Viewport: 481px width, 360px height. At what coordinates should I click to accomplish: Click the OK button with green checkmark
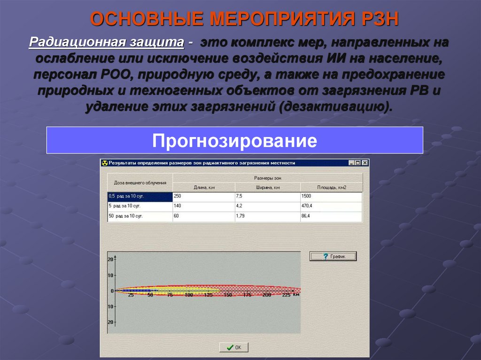(234, 347)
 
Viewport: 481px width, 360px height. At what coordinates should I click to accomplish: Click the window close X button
(365, 163)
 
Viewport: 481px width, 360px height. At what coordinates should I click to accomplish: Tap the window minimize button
(351, 163)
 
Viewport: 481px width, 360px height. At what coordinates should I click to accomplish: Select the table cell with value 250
(203, 196)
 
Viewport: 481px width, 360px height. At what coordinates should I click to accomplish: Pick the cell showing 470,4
(331, 206)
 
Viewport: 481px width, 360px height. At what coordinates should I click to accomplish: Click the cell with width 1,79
(267, 216)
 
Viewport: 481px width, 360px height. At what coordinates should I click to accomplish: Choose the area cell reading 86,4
(331, 216)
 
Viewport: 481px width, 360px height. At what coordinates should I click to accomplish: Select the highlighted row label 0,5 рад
(140, 196)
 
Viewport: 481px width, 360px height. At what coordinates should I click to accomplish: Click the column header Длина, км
(204, 187)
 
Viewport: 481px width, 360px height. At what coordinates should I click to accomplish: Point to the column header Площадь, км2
(331, 187)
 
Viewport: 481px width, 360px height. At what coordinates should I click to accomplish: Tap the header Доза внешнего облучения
(140, 183)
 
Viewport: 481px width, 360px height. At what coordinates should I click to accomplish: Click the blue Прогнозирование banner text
(234, 140)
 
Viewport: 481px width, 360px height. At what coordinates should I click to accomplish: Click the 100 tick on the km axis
(189, 295)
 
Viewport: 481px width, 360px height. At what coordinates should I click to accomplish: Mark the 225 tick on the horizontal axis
(286, 295)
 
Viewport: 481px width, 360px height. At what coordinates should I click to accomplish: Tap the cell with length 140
(203, 206)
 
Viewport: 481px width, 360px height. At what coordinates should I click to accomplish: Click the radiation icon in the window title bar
(105, 163)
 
